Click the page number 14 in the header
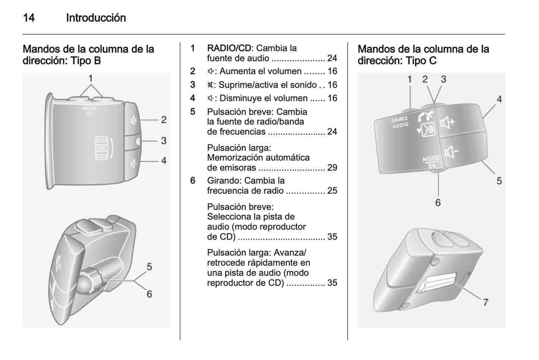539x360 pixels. (x=29, y=18)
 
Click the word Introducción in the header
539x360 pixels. (x=96, y=18)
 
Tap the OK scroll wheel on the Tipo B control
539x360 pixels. (x=101, y=148)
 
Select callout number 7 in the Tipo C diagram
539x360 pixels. (x=485, y=302)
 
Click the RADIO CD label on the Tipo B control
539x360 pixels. (x=89, y=111)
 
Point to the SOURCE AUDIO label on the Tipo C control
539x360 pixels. (x=399, y=122)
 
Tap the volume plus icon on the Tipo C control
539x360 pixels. (x=448, y=122)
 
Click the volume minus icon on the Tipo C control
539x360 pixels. (x=451, y=152)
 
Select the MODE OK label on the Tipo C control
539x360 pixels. (x=431, y=162)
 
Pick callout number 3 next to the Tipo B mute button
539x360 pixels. (x=163, y=141)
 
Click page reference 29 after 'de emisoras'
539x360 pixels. (x=332, y=168)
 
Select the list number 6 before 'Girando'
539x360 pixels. (x=192, y=181)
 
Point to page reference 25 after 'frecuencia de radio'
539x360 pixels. (x=332, y=191)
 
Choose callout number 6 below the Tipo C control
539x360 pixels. (x=438, y=202)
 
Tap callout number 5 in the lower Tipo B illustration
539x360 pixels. (x=149, y=267)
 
